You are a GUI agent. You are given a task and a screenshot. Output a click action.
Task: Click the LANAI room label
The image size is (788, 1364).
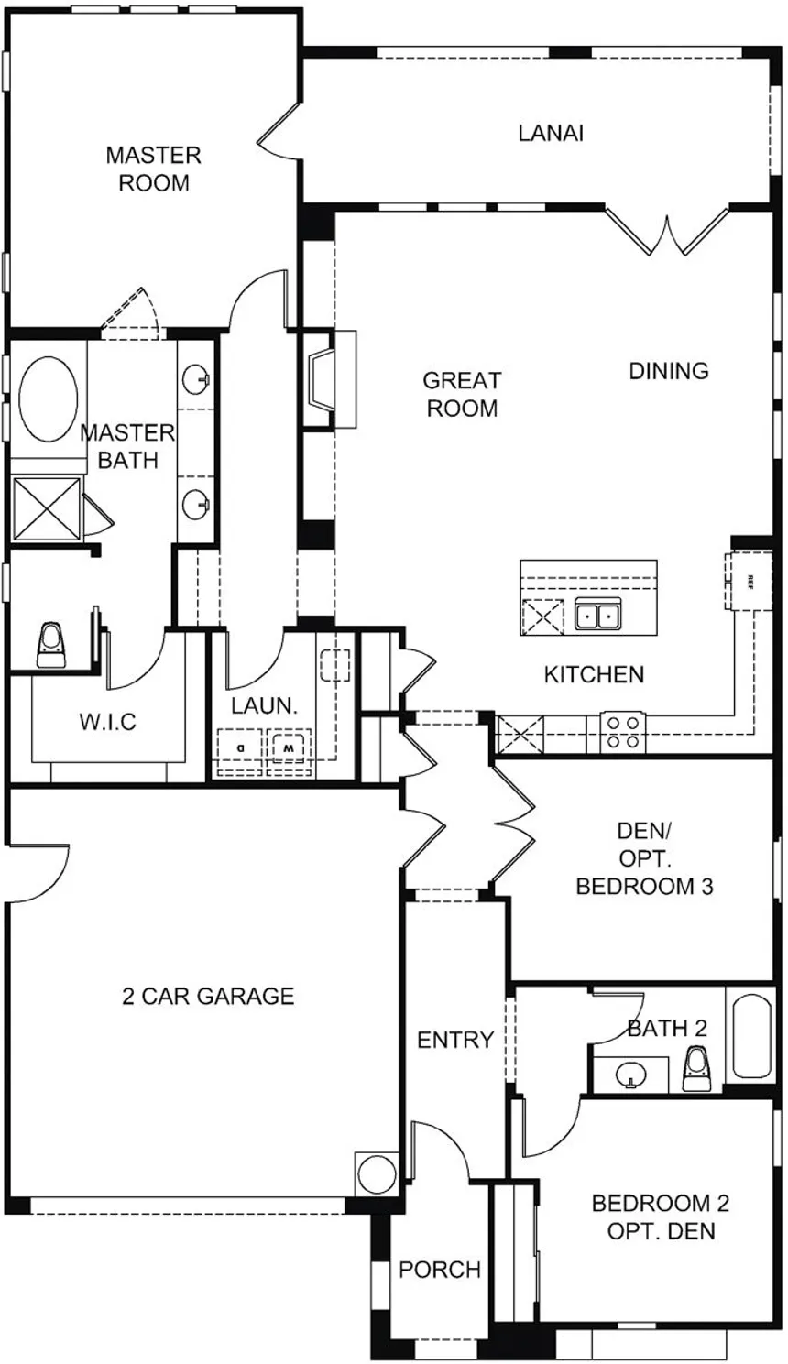point(551,134)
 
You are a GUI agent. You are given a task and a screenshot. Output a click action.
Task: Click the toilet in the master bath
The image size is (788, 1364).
point(50,644)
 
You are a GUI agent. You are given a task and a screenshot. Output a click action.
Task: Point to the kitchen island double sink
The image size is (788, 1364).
point(597,615)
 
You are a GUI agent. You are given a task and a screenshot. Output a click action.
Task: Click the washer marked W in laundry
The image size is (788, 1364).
point(289,747)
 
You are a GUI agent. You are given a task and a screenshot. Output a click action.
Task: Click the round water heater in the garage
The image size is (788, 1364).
point(377,1173)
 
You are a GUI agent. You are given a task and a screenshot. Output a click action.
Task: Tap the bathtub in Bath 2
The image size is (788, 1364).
point(753,1035)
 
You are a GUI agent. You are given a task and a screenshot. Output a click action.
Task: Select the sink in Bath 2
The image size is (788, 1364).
point(629,1073)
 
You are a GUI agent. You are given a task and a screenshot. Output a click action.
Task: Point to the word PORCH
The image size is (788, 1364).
point(440,1270)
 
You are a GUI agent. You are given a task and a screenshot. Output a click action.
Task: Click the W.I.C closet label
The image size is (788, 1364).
point(107,722)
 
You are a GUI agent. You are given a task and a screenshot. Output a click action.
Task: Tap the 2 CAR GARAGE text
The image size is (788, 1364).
point(208,996)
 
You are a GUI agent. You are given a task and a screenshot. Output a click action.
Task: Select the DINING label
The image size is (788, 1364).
point(669,371)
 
